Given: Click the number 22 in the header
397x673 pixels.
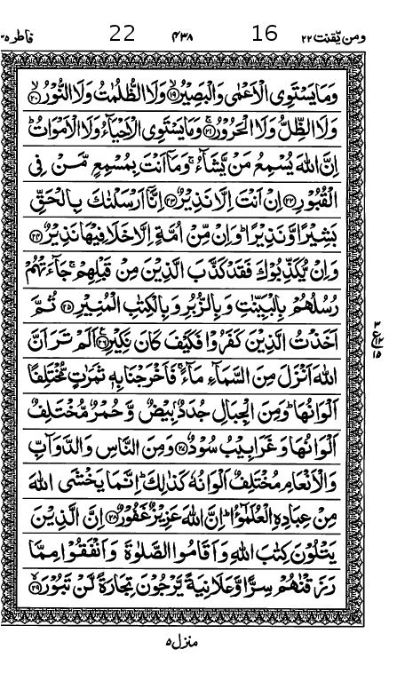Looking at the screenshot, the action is pyautogui.click(x=122, y=34).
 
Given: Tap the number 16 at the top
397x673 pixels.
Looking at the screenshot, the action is pyautogui.click(x=265, y=34).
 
